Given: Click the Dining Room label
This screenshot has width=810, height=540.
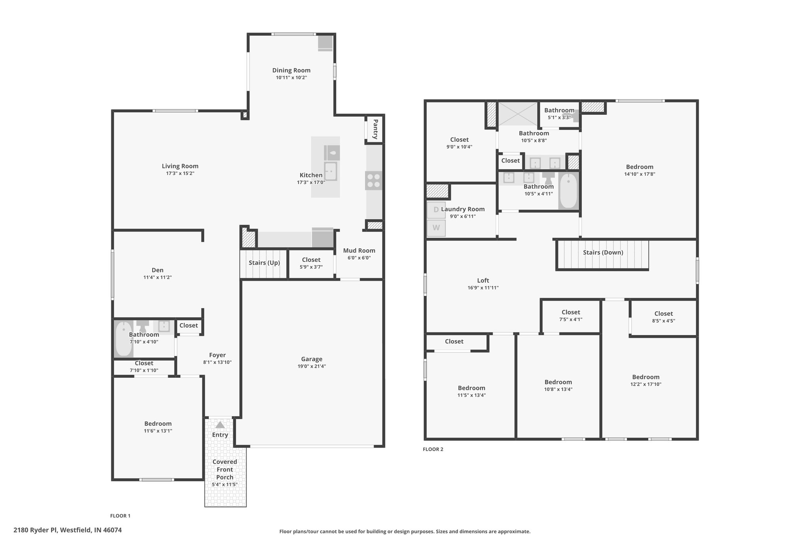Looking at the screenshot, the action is [291, 70].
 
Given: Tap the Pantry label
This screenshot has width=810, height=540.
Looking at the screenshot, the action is [375, 129].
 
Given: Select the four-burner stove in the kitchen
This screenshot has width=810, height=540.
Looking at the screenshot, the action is [374, 181].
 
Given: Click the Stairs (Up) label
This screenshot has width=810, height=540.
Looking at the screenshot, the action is [264, 263].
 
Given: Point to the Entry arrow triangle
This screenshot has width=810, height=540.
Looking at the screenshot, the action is [220, 425].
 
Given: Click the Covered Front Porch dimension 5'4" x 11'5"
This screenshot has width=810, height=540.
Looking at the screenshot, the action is [225, 485].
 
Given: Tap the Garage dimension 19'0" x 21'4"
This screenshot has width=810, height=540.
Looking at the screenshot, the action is [312, 366].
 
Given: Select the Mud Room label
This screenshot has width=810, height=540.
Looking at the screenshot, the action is [359, 250].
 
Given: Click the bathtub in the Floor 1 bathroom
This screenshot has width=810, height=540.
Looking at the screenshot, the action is [124, 339].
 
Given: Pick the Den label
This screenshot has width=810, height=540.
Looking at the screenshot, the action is [157, 270].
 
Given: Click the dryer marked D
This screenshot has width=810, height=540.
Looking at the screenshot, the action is [436, 210].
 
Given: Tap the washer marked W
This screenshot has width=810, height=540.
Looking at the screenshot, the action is [436, 228].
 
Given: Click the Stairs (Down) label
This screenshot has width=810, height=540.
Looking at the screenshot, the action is [603, 252].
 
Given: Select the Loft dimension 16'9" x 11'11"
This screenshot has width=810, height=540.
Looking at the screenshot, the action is [483, 288].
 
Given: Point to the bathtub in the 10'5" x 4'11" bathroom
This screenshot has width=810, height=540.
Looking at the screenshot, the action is [568, 191].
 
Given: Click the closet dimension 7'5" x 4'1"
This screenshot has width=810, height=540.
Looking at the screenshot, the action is [571, 320].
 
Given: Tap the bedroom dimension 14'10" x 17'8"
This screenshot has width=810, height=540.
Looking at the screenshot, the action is [640, 174].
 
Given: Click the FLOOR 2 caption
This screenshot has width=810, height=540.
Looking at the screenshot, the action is [433, 449].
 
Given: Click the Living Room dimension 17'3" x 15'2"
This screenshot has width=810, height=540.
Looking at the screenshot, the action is [180, 173].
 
